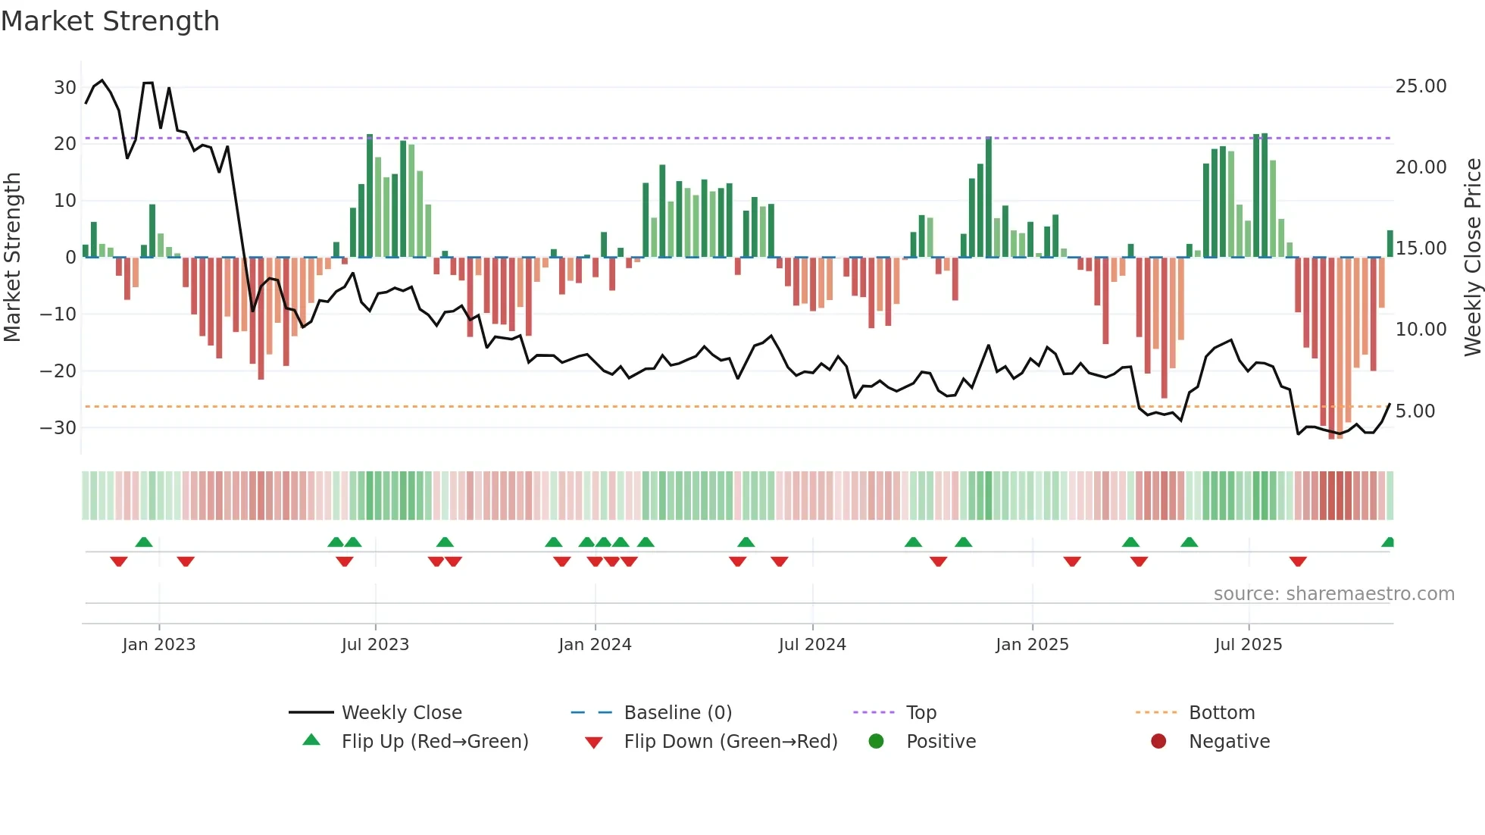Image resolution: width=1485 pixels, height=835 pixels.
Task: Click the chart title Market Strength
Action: [x=110, y=21]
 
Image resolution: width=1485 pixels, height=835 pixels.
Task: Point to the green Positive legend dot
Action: [x=876, y=741]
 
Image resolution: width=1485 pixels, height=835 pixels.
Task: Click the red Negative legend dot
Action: [x=1158, y=741]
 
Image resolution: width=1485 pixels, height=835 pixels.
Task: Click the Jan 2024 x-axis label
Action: [x=595, y=645]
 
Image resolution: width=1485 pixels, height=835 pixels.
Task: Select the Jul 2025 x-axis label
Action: [x=1248, y=645]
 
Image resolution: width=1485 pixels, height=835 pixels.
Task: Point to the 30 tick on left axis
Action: [x=65, y=87]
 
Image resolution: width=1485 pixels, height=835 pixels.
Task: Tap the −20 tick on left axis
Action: [x=58, y=371]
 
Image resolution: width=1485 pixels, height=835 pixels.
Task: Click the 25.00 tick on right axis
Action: [x=1421, y=86]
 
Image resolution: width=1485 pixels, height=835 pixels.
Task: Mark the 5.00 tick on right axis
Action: [x=1415, y=411]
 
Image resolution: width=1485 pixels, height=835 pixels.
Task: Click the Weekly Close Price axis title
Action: [x=1472, y=258]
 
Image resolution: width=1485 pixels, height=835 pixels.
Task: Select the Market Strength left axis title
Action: [x=12, y=258]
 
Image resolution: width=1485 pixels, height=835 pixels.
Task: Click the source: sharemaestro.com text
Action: [x=1333, y=594]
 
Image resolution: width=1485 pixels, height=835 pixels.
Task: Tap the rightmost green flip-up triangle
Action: [x=1388, y=543]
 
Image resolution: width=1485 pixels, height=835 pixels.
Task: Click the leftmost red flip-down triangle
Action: [x=119, y=561]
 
